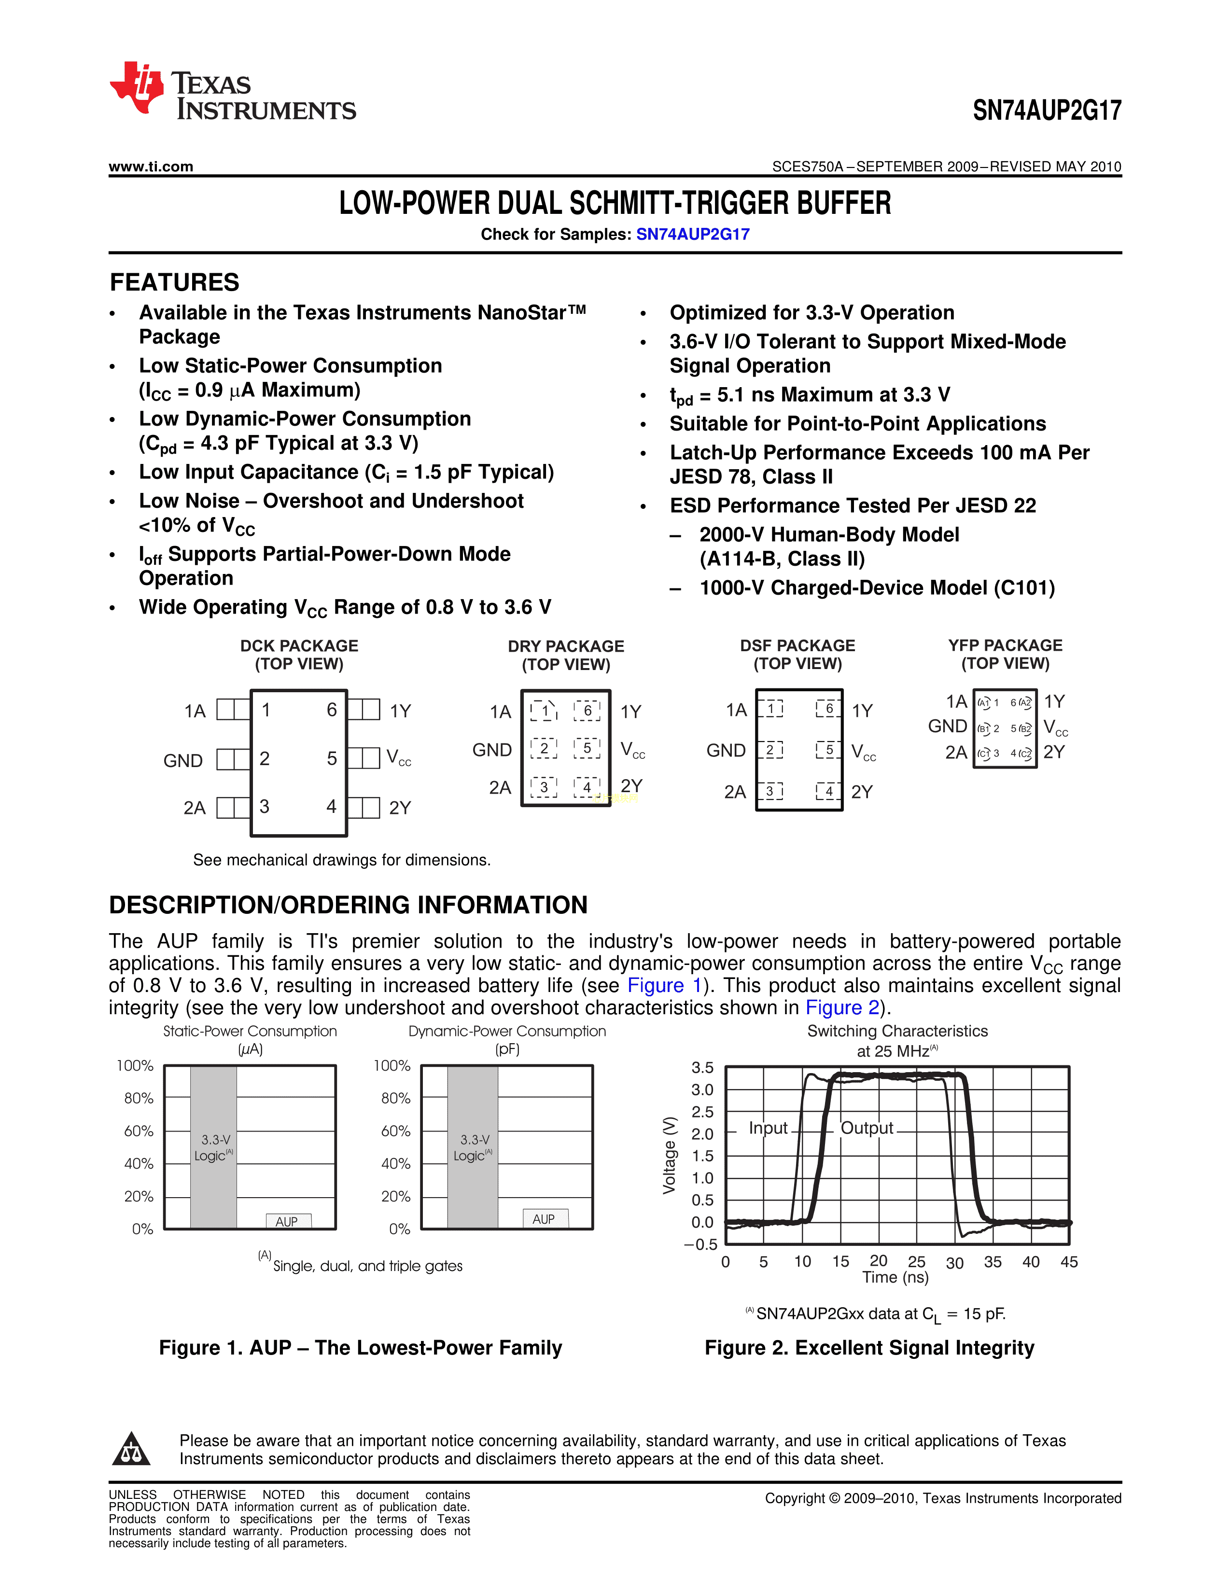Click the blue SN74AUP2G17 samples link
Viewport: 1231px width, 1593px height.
692,234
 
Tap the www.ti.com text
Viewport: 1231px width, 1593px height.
151,167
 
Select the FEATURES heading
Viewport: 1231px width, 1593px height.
174,282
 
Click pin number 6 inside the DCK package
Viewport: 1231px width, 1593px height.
331,710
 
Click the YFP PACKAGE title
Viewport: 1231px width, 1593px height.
1005,645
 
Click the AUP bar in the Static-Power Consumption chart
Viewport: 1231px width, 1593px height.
287,1221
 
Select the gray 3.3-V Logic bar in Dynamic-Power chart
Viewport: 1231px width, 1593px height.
473,1146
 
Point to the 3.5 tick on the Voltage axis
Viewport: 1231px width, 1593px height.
702,1068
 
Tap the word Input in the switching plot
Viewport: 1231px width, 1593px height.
768,1128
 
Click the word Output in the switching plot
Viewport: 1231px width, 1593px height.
867,1128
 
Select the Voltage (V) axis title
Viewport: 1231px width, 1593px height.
669,1155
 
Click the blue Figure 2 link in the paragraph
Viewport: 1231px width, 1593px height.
842,1007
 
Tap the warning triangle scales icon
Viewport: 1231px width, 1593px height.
131,1449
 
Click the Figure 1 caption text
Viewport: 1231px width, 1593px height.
360,1348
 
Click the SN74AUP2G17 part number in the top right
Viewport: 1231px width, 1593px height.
1047,110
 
